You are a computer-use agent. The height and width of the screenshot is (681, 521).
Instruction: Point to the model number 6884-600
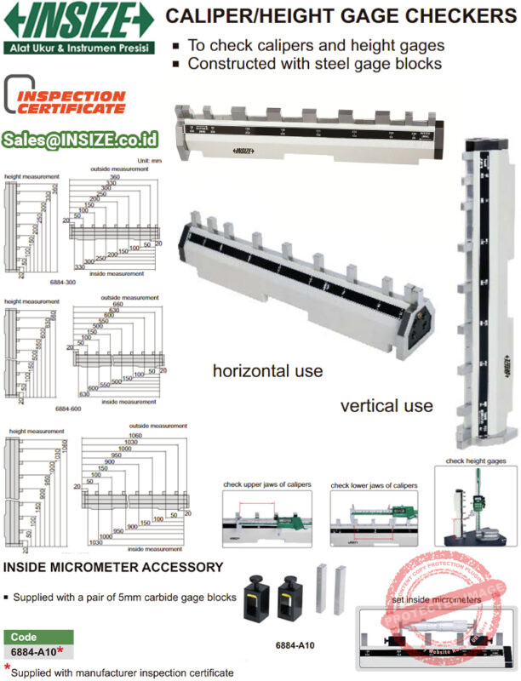68,409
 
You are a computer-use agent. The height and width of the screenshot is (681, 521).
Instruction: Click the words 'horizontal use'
267,371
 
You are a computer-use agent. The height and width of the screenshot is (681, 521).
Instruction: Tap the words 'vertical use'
386,405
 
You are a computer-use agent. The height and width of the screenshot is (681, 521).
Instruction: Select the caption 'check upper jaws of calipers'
267,484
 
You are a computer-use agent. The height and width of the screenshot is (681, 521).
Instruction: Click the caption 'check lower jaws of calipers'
375,484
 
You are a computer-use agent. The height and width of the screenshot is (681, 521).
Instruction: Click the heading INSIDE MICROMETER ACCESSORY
114,567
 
